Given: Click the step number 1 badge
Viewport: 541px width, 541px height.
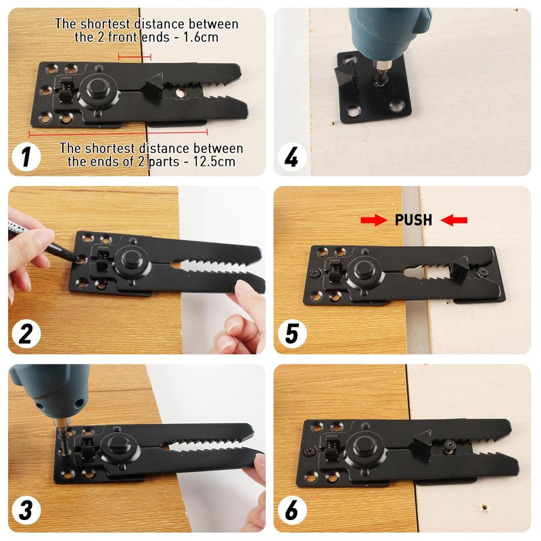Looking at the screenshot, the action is tap(26, 157).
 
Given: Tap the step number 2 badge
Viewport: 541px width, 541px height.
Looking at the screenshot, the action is tap(26, 333).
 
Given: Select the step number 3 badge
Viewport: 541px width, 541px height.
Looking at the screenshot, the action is tap(26, 511).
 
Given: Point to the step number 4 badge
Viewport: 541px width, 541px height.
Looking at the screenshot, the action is tap(292, 157).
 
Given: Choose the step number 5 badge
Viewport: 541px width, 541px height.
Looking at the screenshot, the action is tap(292, 333).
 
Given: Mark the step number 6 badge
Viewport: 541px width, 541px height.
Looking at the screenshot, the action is tap(292, 511).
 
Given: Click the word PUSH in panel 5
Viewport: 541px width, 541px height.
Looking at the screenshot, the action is tap(413, 220).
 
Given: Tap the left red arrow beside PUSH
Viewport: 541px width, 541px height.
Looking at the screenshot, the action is tap(374, 220).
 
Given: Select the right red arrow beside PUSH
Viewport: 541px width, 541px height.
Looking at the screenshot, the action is tap(454, 220).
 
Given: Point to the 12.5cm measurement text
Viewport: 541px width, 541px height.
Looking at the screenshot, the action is tap(214, 162).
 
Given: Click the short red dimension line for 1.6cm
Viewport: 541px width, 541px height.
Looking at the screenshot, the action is tap(135, 57).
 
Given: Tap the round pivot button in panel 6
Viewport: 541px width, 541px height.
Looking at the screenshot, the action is tap(364, 448).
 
